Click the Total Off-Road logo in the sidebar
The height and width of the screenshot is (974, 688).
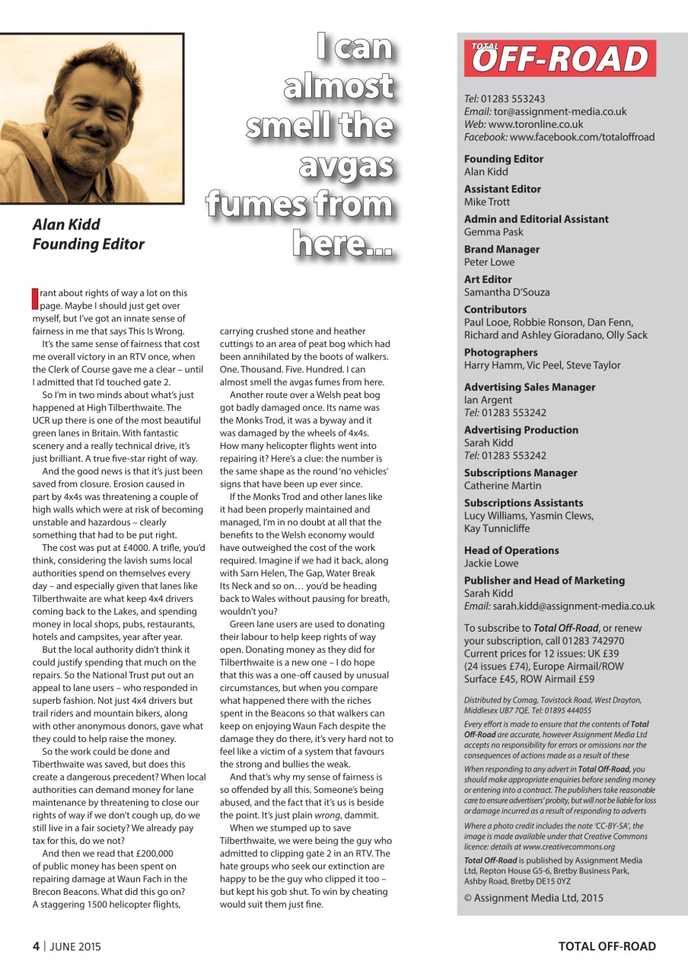[x=560, y=59]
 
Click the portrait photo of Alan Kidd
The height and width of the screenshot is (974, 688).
[x=91, y=118]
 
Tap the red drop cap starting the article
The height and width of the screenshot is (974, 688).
[x=34, y=298]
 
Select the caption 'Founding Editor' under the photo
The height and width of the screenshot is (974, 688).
[x=88, y=244]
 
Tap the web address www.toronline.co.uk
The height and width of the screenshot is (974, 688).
[x=536, y=124]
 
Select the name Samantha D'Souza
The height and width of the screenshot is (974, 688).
[x=507, y=292]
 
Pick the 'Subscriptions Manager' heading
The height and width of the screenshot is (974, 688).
[x=522, y=473]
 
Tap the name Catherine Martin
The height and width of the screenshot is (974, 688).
[x=503, y=485]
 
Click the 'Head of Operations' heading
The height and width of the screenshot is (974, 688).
[x=511, y=550]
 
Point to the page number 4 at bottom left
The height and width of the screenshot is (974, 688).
[x=35, y=947]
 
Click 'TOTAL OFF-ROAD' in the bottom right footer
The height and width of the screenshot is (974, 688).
[x=607, y=947]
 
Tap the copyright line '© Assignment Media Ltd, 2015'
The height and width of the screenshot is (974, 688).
[x=534, y=897]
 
